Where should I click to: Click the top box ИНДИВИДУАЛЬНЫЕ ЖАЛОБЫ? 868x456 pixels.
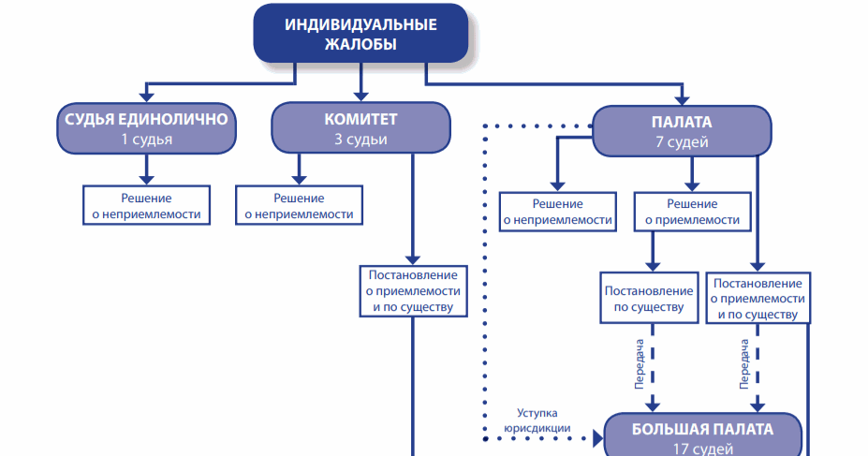[360, 34]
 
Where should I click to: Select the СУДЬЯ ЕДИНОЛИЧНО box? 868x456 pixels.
[146, 129]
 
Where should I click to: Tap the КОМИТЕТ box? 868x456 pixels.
[360, 129]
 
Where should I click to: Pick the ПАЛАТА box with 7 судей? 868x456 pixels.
[681, 132]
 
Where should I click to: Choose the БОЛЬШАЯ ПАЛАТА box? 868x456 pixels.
[702, 435]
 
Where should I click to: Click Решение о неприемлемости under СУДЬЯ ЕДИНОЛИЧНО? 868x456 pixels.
[146, 206]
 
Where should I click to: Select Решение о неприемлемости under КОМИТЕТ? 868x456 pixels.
[299, 206]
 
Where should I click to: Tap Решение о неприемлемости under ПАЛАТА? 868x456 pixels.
[557, 213]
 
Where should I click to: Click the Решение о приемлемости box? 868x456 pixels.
[692, 213]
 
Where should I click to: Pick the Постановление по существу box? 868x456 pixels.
[650, 298]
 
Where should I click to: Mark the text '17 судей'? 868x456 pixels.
[702, 448]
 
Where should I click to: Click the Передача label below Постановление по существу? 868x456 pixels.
[639, 362]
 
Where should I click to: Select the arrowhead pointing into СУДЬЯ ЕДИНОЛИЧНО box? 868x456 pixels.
[146, 97]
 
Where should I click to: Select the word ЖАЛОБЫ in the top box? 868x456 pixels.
[360, 44]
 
